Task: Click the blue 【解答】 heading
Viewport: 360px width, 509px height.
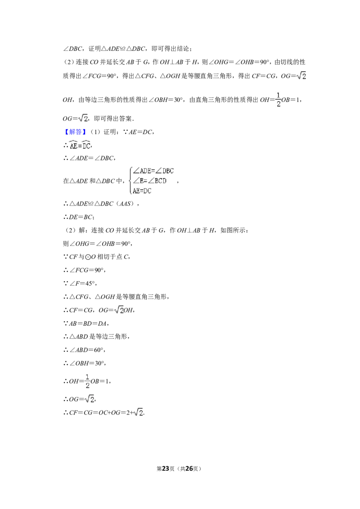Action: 75,132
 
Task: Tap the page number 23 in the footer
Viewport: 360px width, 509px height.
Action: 166,469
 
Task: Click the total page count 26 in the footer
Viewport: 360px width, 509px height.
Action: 189,469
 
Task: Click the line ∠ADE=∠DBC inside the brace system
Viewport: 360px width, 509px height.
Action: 153,171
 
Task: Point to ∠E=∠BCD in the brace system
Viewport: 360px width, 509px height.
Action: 149,181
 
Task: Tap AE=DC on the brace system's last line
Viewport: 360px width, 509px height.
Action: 142,191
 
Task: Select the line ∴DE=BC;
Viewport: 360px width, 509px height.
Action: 79,217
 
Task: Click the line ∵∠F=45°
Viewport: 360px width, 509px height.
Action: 80,283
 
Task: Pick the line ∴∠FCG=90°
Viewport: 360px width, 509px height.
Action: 85,270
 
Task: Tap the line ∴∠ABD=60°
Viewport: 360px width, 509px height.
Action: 85,350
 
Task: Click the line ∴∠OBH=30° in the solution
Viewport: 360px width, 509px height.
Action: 85,363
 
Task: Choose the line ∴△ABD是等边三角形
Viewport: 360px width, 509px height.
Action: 96,337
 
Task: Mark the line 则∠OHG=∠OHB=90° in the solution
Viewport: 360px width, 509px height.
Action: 98,244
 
